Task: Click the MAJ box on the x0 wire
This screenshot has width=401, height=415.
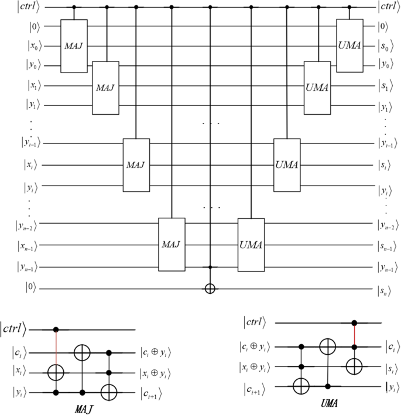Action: click(74, 46)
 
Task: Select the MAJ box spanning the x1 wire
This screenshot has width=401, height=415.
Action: click(106, 87)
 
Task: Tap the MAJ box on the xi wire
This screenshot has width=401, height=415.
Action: click(136, 165)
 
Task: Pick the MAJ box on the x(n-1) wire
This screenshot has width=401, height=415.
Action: click(172, 244)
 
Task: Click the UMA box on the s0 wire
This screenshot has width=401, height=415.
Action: click(350, 46)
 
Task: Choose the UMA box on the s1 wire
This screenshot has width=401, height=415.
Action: click(317, 87)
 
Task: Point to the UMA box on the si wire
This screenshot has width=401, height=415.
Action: click(286, 165)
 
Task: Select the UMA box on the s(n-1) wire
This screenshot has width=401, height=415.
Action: click(251, 244)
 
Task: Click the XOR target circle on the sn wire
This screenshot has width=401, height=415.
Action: click(211, 289)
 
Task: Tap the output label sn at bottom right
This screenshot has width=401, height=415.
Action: click(385, 289)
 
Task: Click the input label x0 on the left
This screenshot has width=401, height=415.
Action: click(16, 46)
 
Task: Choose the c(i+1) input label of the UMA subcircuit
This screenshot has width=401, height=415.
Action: click(255, 387)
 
